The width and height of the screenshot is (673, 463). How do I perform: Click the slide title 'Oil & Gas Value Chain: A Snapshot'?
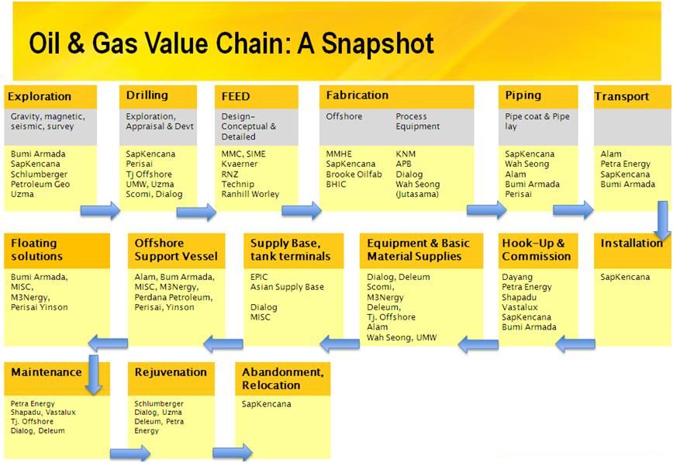point(230,43)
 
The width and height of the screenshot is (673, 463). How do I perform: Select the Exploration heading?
point(39,97)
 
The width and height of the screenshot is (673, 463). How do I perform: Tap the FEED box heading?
point(236,97)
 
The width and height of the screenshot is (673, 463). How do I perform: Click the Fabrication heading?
point(357,95)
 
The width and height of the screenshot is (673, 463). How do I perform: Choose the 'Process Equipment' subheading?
point(417,121)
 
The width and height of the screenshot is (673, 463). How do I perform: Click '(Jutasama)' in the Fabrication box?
point(418,195)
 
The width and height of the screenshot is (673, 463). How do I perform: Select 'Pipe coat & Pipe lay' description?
point(537,121)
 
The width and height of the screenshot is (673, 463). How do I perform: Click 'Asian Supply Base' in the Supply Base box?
point(287,287)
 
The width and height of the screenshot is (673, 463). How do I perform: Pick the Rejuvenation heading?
point(171,372)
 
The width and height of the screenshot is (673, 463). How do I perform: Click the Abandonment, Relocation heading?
point(282,378)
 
